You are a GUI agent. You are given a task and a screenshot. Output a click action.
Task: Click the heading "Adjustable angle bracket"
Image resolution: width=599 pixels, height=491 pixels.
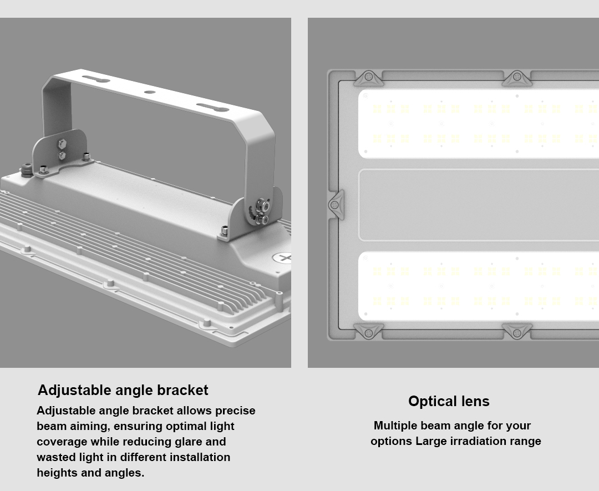pyautogui.click(x=123, y=390)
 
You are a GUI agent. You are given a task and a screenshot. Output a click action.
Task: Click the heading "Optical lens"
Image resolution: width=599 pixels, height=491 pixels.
pyautogui.click(x=449, y=401)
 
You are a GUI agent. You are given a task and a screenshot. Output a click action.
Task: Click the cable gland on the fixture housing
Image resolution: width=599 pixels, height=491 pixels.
pyautogui.click(x=27, y=169)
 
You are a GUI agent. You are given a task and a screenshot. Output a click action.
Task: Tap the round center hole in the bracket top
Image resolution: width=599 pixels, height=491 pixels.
pyautogui.click(x=149, y=92)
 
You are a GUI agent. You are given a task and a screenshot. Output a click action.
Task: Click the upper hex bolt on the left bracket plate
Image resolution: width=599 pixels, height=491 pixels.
pyautogui.click(x=62, y=144)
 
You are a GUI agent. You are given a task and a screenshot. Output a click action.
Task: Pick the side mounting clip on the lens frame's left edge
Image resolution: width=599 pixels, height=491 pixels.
pyautogui.click(x=336, y=205)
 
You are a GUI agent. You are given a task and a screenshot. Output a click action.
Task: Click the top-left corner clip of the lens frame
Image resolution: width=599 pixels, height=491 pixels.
pyautogui.click(x=369, y=78)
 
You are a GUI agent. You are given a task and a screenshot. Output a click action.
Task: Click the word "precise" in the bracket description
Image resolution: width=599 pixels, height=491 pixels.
pyautogui.click(x=235, y=411)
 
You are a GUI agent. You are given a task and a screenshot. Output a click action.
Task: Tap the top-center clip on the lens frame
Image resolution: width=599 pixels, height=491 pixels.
pyautogui.click(x=517, y=78)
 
